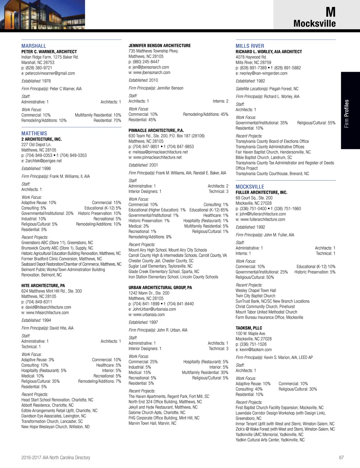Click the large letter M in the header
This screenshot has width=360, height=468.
pyautogui.click(x=330, y=12)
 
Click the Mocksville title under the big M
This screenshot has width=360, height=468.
pyautogui.click(x=314, y=24)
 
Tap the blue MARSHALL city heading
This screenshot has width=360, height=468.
pyautogui.click(x=34, y=46)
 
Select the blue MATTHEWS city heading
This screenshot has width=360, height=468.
pyautogui.click(x=34, y=133)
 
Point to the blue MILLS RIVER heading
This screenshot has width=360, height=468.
pyautogui.click(x=250, y=46)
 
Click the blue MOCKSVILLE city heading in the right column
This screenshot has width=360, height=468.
pyautogui.click(x=250, y=187)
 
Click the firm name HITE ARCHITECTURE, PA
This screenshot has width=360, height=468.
pyautogui.click(x=43, y=286)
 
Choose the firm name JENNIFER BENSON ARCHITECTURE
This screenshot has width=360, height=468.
pyautogui.click(x=160, y=46)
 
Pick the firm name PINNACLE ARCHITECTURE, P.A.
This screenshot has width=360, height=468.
pyautogui.click(x=156, y=131)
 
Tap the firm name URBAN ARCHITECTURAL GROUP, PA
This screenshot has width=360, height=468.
pyautogui.click(x=160, y=287)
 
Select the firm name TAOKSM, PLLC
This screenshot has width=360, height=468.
pyautogui.click(x=249, y=328)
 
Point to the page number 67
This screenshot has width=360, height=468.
pyautogui.click(x=341, y=457)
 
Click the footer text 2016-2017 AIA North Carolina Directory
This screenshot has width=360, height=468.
pyautogui.click(x=56, y=457)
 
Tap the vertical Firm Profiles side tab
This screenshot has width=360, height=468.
pyautogui.click(x=347, y=113)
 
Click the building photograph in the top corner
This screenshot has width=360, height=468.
pyautogui.click(x=42, y=14)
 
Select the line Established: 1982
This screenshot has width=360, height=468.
pyautogui.click(x=250, y=81)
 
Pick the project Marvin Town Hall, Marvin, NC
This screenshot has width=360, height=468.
pyautogui.click(x=152, y=423)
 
